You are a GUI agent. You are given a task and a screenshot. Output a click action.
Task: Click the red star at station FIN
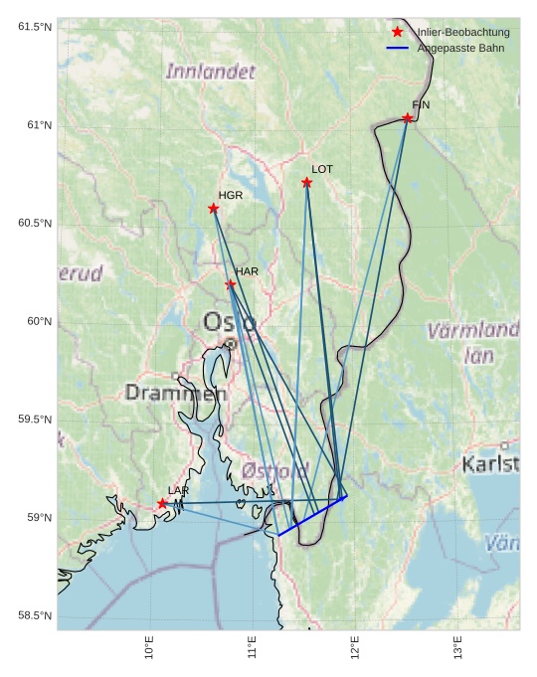(x=408, y=118)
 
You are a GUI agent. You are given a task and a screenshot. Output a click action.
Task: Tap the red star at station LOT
(x=307, y=182)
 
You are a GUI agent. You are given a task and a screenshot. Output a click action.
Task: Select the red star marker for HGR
(x=214, y=208)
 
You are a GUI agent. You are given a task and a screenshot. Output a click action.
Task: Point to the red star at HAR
(x=231, y=284)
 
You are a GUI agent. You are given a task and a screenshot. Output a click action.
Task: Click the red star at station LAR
(x=162, y=503)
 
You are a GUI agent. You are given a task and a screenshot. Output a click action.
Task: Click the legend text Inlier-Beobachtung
(x=463, y=32)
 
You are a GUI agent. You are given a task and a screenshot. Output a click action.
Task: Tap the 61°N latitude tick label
(x=36, y=124)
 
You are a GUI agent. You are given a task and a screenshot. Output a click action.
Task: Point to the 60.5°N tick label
(x=32, y=223)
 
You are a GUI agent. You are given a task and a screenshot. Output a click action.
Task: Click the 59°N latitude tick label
(x=36, y=517)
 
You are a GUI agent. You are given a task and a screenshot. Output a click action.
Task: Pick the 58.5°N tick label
(x=32, y=615)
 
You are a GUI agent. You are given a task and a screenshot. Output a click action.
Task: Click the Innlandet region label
(x=210, y=72)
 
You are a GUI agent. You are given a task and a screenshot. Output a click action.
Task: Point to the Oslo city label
(x=230, y=322)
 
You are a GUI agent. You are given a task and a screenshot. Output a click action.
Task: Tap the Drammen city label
(x=176, y=393)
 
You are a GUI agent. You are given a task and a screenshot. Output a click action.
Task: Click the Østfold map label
(x=275, y=468)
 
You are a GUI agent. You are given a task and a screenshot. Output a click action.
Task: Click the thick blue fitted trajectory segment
(x=312, y=515)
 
